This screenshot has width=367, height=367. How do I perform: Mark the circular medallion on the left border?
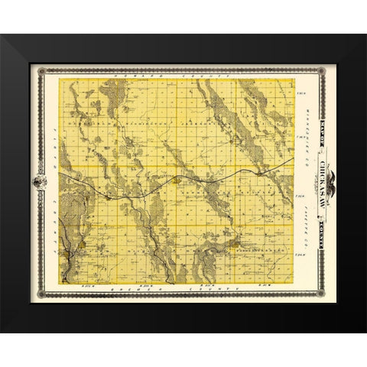[x=39, y=183]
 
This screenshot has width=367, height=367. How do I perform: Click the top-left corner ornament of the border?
[x=40, y=70]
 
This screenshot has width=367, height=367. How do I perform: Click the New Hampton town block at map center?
[x=177, y=181]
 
